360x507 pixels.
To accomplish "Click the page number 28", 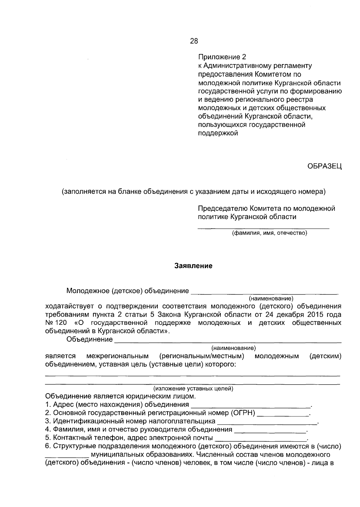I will [x=194, y=41].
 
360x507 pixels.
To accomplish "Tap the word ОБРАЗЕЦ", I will [x=324, y=166].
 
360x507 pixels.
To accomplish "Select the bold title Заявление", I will [x=193, y=266].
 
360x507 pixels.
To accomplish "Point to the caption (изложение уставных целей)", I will [x=193, y=388].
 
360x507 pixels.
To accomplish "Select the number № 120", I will [x=56, y=323].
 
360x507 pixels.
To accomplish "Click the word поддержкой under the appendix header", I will [x=218, y=133].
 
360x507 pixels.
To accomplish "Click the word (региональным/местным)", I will [x=202, y=356].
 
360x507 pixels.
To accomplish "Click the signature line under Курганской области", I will [x=263, y=229].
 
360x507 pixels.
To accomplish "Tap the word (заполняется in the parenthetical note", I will [x=79, y=191].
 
